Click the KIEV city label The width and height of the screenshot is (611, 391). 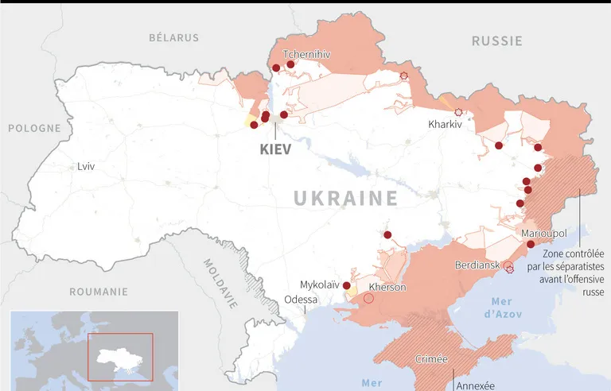click(275, 149)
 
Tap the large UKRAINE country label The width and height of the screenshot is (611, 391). click(346, 198)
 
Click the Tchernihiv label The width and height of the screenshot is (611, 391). click(306, 54)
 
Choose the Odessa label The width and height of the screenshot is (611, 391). click(301, 300)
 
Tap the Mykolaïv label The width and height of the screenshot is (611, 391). click(319, 285)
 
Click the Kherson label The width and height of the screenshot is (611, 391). click(388, 287)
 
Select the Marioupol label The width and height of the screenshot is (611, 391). click(544, 233)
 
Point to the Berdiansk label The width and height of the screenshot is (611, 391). click(477, 265)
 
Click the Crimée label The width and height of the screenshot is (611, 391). click(432, 359)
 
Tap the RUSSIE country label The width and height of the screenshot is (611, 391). click(496, 41)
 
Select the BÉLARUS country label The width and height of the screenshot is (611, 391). click(173, 37)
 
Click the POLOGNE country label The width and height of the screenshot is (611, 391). click(34, 128)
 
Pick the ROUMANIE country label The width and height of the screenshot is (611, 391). click(99, 292)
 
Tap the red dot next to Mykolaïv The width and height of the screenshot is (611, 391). click(346, 285)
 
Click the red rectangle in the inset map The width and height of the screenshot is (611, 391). click(119, 357)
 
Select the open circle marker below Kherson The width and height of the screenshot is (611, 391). click(368, 298)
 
